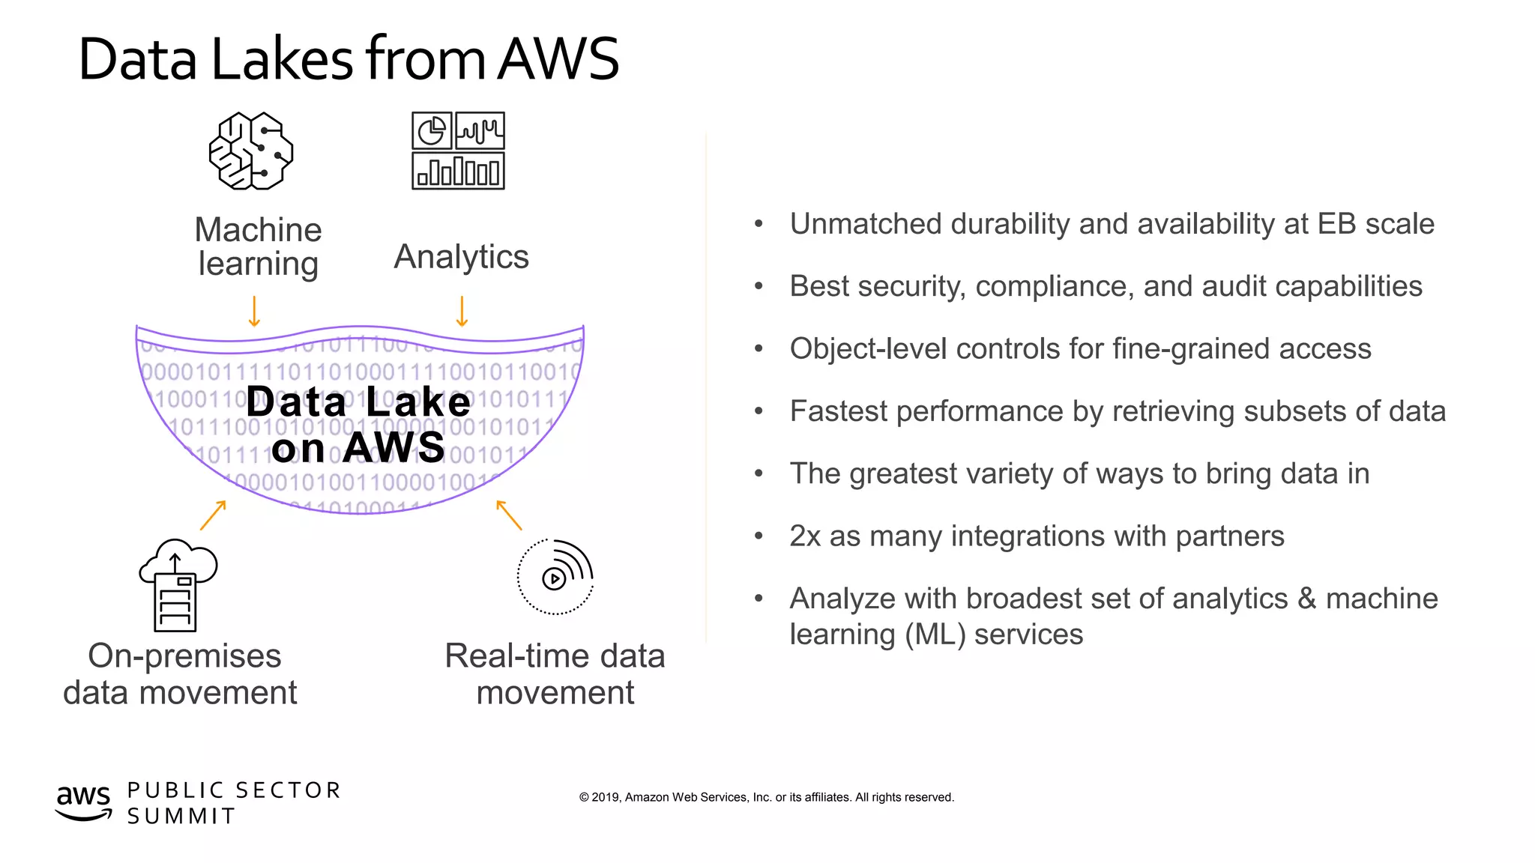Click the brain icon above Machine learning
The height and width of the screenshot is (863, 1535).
[x=251, y=151]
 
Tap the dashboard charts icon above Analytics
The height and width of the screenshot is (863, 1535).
[x=458, y=151]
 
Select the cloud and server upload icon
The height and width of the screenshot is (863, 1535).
[x=178, y=585]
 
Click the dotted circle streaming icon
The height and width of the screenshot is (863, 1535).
[x=555, y=577]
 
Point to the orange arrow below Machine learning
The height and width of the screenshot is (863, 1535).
[x=254, y=311]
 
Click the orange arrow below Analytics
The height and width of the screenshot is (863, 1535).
[x=462, y=311]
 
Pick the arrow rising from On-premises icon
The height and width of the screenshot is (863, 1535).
[x=213, y=515]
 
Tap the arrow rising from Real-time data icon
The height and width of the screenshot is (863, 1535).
[x=509, y=515]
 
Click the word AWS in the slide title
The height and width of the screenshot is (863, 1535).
[x=558, y=59]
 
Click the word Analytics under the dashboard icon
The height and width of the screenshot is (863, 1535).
[x=461, y=257]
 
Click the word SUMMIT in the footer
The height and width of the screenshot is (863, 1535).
[x=181, y=816]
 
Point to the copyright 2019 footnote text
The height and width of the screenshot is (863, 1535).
[x=766, y=797]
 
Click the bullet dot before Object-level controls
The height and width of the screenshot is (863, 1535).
[x=759, y=348]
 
